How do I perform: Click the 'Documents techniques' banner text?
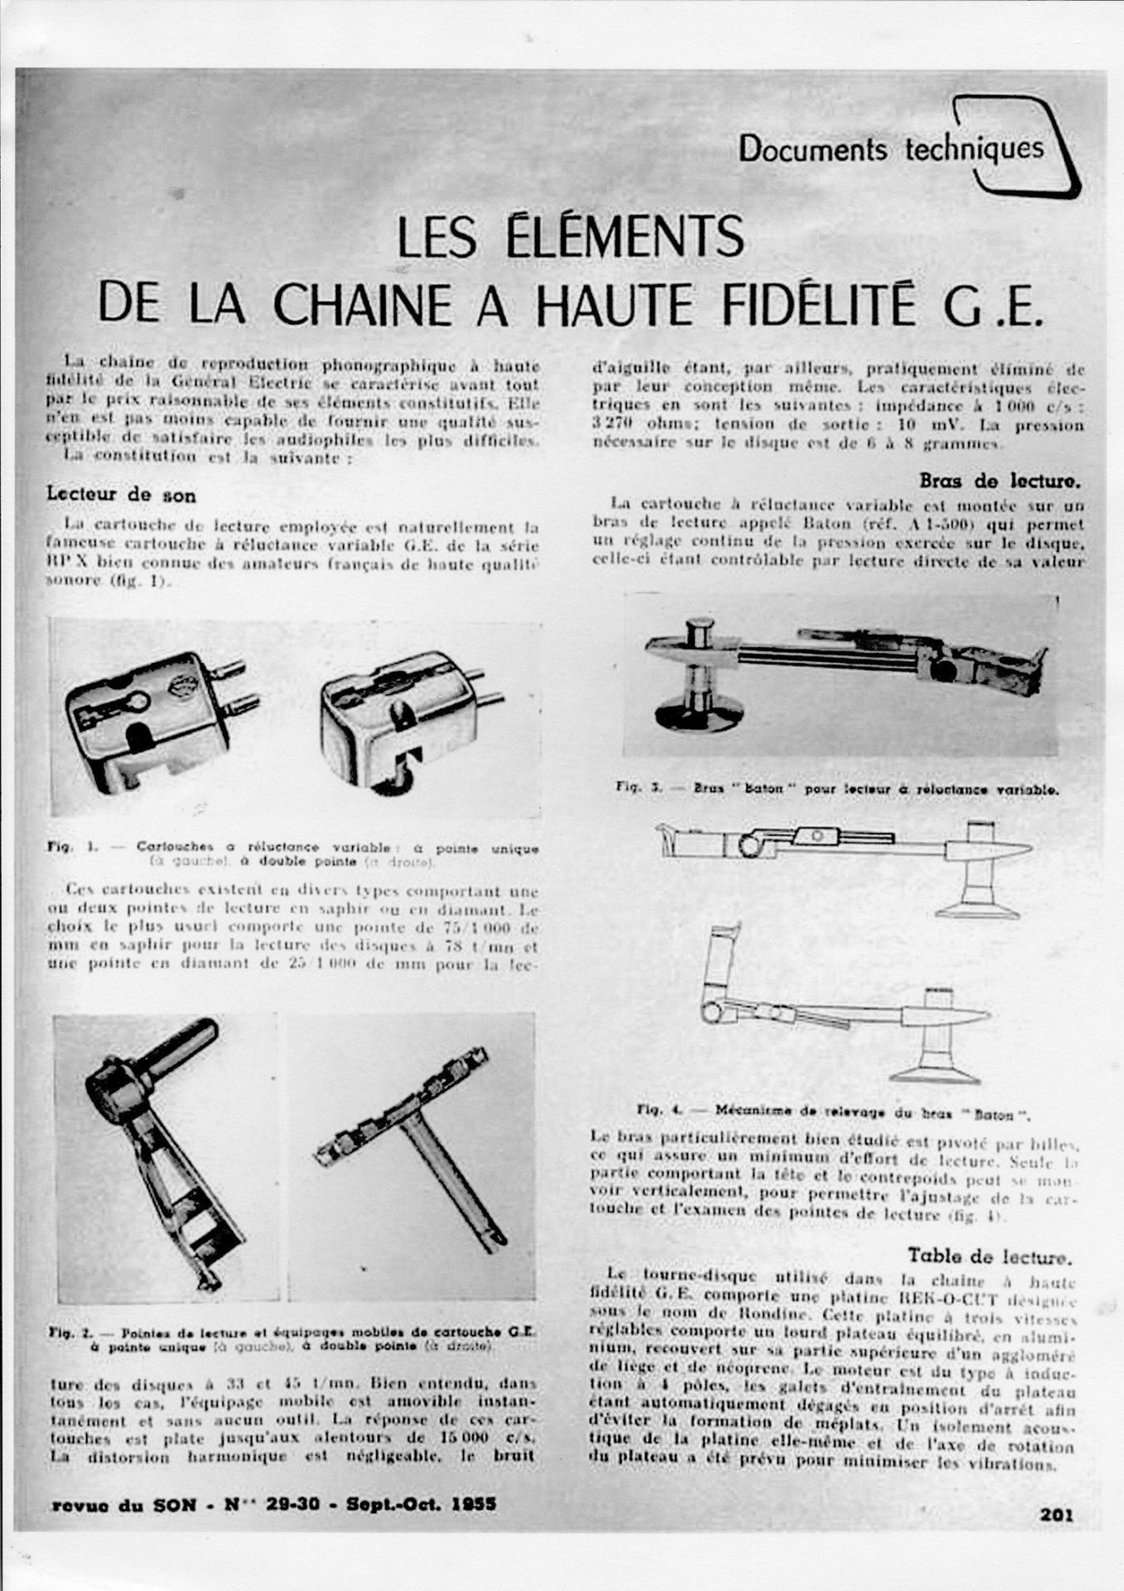point(891,150)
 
